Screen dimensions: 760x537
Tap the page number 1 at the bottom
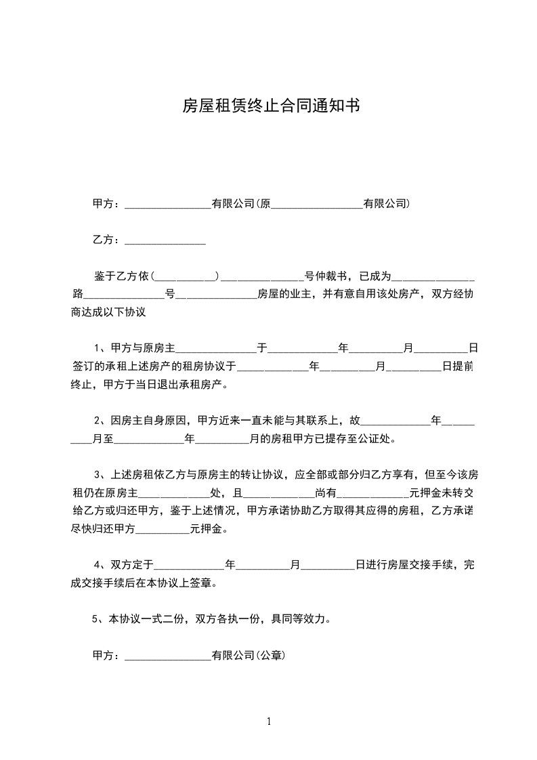[x=269, y=721]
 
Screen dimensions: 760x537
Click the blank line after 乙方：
[x=165, y=240]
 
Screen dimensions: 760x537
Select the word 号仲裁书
[x=326, y=276]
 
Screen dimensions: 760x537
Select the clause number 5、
[x=97, y=618]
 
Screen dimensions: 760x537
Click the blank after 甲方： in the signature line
[x=168, y=655]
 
